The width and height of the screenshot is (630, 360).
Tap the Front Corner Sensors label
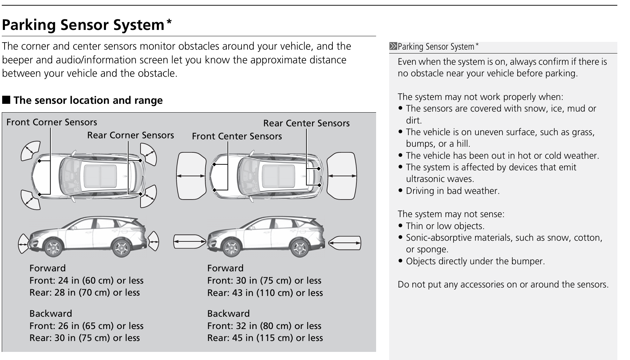(x=52, y=122)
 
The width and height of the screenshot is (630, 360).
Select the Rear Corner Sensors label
(x=130, y=135)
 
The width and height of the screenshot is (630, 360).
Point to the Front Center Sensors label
(x=237, y=136)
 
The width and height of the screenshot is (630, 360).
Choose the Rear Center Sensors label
(x=306, y=123)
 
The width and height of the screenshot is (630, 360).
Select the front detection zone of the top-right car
(x=191, y=176)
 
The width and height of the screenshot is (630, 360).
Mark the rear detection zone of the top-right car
(x=342, y=176)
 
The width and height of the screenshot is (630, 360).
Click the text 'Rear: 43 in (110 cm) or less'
(x=265, y=293)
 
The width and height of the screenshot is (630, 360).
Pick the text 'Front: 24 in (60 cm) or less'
(x=86, y=280)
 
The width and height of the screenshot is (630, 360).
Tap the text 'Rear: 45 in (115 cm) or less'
(x=265, y=338)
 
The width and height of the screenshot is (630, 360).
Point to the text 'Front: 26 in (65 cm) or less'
(x=86, y=326)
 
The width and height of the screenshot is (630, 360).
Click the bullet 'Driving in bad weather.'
(x=449, y=191)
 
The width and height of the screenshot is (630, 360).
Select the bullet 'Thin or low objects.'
(x=442, y=226)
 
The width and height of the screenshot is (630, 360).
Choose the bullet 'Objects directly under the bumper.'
(x=472, y=261)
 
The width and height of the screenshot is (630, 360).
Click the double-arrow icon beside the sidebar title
(x=393, y=46)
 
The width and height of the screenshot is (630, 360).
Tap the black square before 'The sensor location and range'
(x=6, y=100)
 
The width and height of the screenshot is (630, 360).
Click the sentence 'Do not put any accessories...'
(x=503, y=284)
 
